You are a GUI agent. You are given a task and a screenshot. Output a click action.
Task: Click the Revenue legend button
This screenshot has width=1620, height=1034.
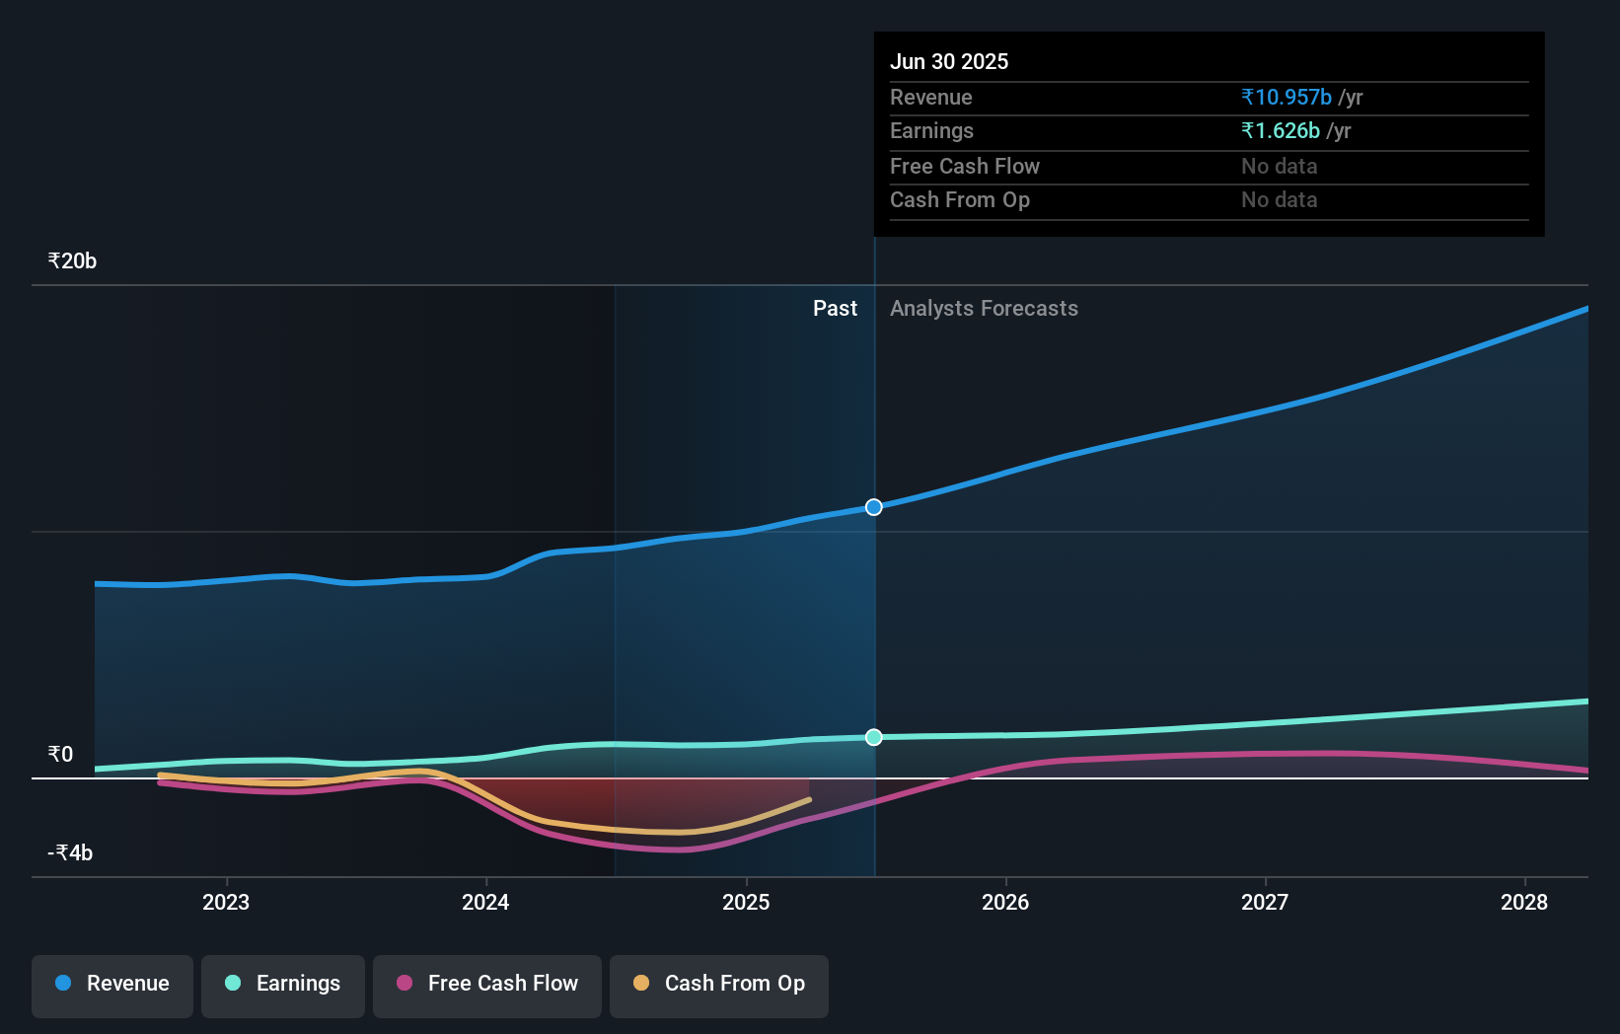pos(112,985)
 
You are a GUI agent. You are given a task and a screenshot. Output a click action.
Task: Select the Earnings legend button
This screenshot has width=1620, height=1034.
pos(283,985)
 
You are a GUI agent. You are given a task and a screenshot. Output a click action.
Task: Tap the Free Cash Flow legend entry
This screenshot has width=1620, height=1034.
pos(487,985)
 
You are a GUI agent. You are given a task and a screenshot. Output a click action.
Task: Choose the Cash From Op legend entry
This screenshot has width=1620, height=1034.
pos(719,985)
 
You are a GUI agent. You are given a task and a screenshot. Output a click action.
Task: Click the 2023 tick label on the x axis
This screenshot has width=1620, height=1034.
pos(226,903)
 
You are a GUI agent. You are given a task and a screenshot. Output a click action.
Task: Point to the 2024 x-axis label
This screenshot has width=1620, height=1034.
pos(485,903)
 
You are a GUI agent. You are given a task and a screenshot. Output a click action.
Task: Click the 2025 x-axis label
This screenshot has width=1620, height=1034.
pos(746,903)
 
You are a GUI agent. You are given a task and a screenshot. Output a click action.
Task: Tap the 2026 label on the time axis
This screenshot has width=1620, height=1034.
pos(1005,903)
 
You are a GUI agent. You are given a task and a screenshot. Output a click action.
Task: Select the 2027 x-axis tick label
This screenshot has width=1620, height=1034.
pos(1265,903)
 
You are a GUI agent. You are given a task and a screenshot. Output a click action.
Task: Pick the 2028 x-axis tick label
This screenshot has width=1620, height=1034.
pos(1524,903)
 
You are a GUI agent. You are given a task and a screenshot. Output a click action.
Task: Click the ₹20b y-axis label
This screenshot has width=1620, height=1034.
pos(72,261)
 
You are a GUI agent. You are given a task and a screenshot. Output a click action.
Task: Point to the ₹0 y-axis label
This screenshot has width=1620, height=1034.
pos(60,755)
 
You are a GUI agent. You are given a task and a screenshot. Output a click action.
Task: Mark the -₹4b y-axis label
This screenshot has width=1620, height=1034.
pos(70,853)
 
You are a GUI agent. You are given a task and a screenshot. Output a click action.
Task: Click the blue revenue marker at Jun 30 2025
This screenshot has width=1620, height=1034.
pos(874,507)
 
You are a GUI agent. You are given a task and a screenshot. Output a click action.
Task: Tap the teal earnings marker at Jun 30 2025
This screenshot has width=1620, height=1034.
pos(874,737)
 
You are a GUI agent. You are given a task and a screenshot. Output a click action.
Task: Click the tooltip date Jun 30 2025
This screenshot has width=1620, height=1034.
pos(949,62)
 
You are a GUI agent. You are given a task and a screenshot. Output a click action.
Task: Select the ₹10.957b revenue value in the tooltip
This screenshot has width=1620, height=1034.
pos(1287,98)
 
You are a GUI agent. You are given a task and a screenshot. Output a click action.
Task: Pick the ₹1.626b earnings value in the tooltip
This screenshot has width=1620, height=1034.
pos(1281,131)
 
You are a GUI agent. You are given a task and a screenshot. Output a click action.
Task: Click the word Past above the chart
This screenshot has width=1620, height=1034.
pos(835,309)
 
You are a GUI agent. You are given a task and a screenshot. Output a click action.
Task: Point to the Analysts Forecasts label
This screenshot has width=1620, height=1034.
pos(984,309)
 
